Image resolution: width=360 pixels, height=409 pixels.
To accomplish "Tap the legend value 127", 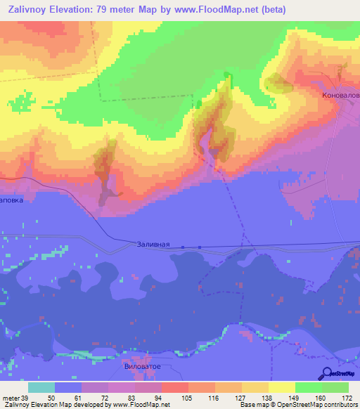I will click(x=229, y=398).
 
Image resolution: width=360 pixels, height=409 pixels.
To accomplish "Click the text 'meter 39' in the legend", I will click(x=15, y=398).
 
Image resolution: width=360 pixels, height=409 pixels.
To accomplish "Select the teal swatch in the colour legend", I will click(x=41, y=387).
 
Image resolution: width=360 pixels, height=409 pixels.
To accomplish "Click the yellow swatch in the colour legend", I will click(x=282, y=387).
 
